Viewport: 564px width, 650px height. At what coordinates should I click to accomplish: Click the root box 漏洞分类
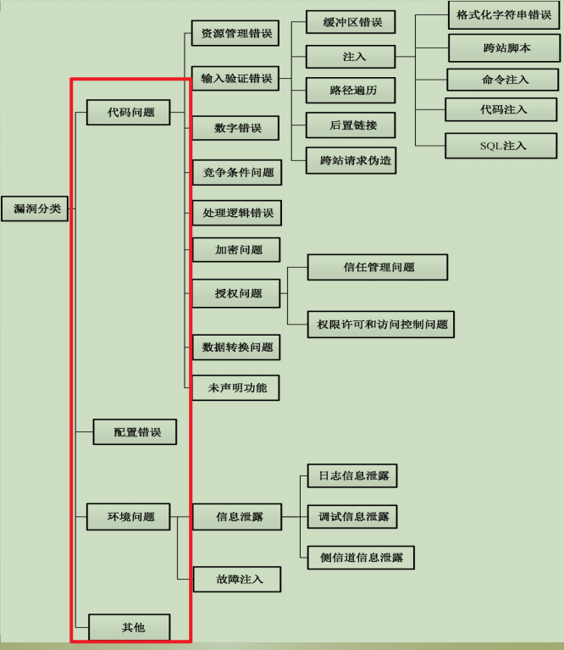35,208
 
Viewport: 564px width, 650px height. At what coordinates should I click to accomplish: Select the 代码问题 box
131,112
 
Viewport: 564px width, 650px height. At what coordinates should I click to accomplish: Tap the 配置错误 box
135,432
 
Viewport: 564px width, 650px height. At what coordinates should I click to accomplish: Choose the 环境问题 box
130,516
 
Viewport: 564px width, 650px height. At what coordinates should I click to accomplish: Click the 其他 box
131,627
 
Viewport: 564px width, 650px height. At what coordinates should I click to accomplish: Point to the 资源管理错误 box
235,34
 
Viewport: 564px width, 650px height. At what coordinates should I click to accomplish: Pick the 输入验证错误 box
235,79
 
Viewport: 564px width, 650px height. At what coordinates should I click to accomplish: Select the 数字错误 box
235,128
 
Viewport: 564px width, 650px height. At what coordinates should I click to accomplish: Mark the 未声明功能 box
236,387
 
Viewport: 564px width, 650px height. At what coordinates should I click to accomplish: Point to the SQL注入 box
502,146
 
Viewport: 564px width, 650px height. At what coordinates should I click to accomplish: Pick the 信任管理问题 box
378,267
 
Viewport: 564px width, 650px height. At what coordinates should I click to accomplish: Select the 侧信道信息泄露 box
361,558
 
